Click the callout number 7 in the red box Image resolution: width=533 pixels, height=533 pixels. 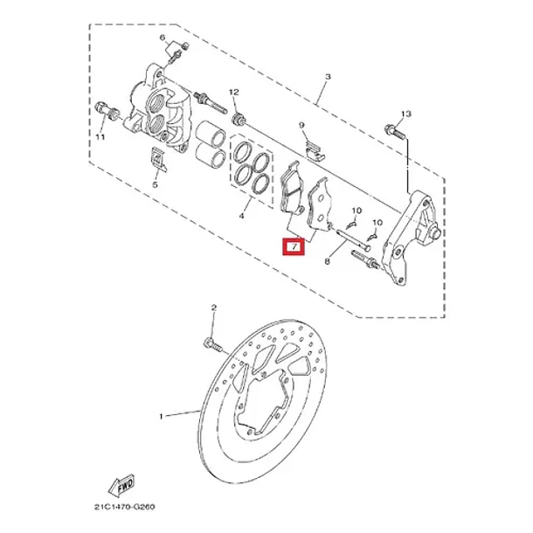(294, 246)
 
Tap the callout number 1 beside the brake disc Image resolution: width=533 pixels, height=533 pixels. (162, 417)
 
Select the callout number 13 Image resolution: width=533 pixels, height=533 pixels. (406, 114)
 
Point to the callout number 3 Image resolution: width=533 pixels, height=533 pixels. (328, 77)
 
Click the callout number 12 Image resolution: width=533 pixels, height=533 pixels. (234, 92)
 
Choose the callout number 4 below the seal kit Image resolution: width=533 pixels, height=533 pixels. (242, 216)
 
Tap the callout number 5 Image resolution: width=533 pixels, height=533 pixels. (155, 185)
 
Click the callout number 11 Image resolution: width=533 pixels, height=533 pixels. (100, 137)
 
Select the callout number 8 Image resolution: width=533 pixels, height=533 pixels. (328, 261)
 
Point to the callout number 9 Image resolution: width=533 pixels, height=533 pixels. (301, 126)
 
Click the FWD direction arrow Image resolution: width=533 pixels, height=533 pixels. (121, 486)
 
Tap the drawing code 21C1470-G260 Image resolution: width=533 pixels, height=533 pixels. (124, 507)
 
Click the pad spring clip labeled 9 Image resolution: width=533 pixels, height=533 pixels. (315, 151)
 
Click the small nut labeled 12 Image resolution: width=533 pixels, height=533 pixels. (239, 119)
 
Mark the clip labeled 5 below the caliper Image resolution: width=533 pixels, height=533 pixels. (158, 159)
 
